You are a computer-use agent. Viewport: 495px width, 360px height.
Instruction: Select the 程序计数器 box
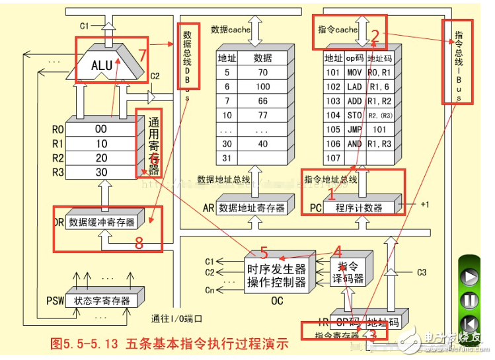pos(358,207)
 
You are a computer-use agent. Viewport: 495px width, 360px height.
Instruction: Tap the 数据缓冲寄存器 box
pos(102,221)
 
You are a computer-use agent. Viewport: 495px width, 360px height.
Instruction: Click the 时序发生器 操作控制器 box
pos(277,276)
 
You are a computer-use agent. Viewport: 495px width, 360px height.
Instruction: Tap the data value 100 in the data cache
pos(262,86)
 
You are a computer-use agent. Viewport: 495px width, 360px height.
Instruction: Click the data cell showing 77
pos(262,115)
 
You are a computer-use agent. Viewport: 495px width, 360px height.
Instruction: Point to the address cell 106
pos(332,143)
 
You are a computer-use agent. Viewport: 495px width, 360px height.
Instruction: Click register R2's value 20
pos(100,159)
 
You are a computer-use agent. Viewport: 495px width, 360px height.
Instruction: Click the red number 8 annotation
pos(138,243)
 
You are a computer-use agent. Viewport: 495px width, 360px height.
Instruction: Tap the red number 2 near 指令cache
pos(375,36)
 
